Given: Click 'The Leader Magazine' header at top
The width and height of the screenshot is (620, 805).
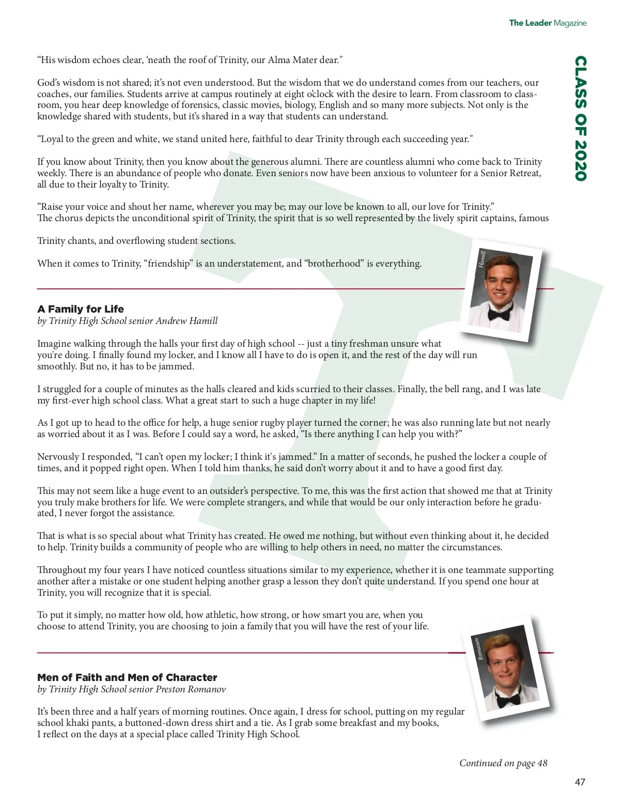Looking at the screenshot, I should [x=548, y=23].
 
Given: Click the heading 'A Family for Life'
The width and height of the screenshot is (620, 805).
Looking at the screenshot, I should [x=81, y=309].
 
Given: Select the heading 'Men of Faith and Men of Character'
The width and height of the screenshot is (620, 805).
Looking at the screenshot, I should [x=127, y=677].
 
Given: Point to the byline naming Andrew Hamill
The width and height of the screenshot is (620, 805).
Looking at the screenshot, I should [x=128, y=321].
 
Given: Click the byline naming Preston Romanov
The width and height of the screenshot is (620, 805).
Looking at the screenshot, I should [x=131, y=689].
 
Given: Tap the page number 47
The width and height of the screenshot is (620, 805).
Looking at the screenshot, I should [x=580, y=782].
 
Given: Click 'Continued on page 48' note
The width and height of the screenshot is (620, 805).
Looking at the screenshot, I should [x=503, y=763].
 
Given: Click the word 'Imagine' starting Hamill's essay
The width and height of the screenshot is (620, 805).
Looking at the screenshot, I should [x=54, y=344].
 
